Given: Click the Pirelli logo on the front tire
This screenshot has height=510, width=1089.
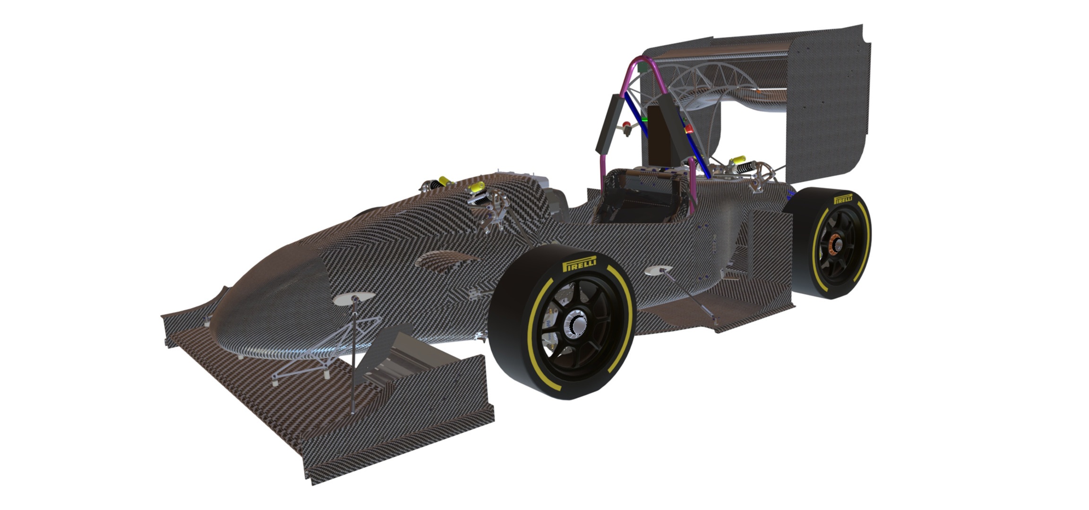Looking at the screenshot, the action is click(579, 263).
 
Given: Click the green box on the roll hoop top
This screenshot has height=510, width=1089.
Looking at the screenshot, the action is click(643, 68).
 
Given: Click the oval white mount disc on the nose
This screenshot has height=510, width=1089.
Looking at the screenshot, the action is click(354, 298).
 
